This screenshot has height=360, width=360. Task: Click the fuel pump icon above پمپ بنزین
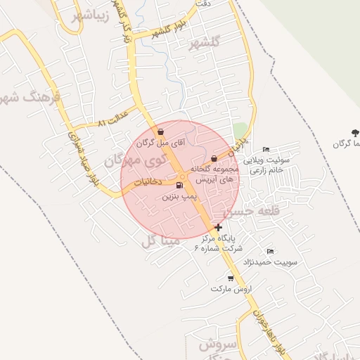pos(179,186)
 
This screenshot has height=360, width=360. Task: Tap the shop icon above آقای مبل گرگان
pos(161,131)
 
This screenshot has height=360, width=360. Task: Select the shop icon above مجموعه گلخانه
pos(214,159)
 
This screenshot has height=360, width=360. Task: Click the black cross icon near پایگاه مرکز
pos(219,227)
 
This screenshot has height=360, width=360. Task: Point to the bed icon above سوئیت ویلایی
pos(265,150)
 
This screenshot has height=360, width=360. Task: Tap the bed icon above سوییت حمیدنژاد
pos(270,251)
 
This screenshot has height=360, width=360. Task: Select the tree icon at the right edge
pos(354,132)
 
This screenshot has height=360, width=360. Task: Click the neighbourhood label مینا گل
pos(161,242)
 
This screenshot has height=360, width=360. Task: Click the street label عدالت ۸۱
pos(114,117)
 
